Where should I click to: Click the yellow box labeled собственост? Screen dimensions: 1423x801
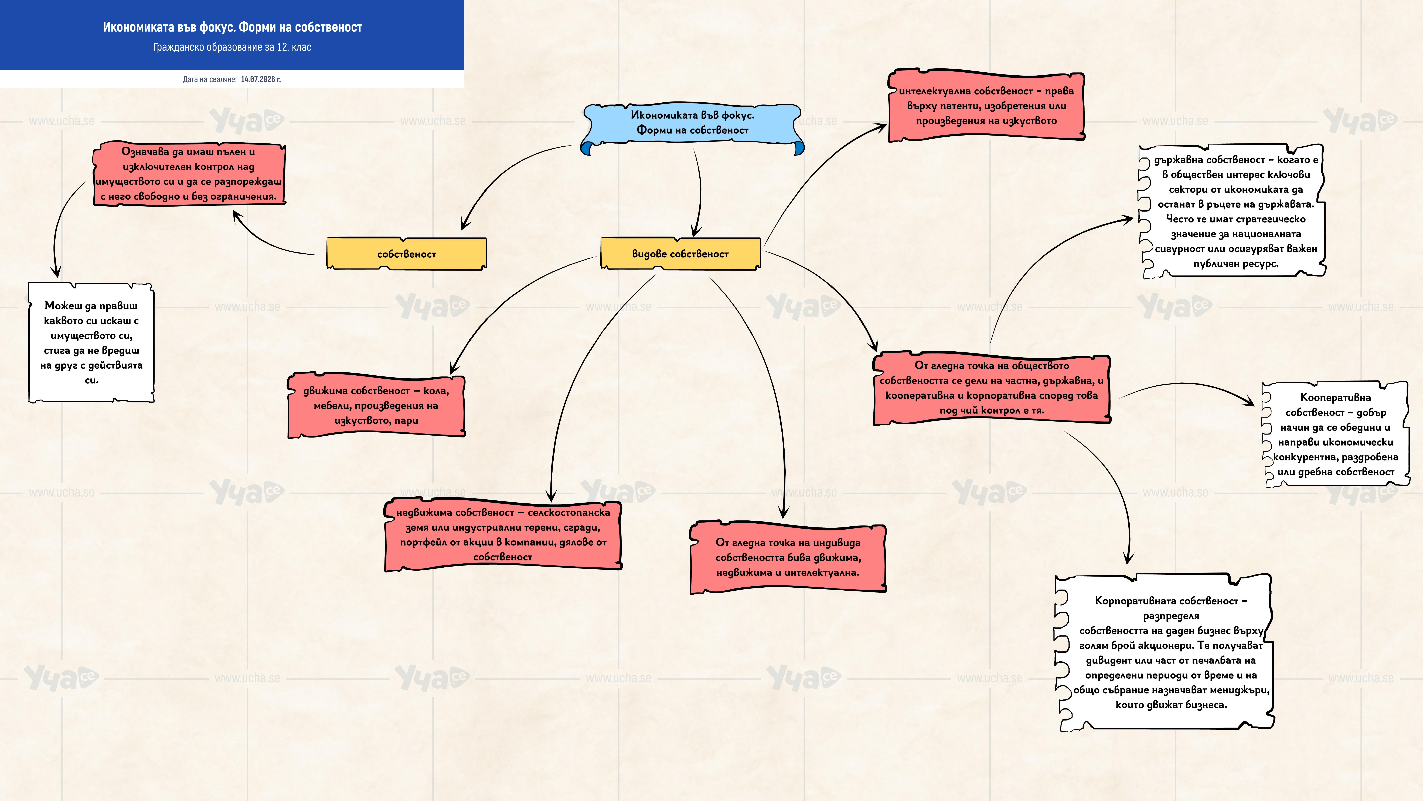pyautogui.click(x=407, y=254)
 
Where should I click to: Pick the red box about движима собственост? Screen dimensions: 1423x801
pyautogui.click(x=376, y=406)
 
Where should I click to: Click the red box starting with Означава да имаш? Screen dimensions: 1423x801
pyautogui.click(x=189, y=174)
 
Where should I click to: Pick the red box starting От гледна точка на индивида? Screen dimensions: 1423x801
pyautogui.click(x=788, y=557)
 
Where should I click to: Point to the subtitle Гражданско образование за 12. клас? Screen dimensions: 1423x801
pyautogui.click(x=232, y=47)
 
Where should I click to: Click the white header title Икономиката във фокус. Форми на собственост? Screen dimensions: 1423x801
pyautogui.click(x=232, y=27)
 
